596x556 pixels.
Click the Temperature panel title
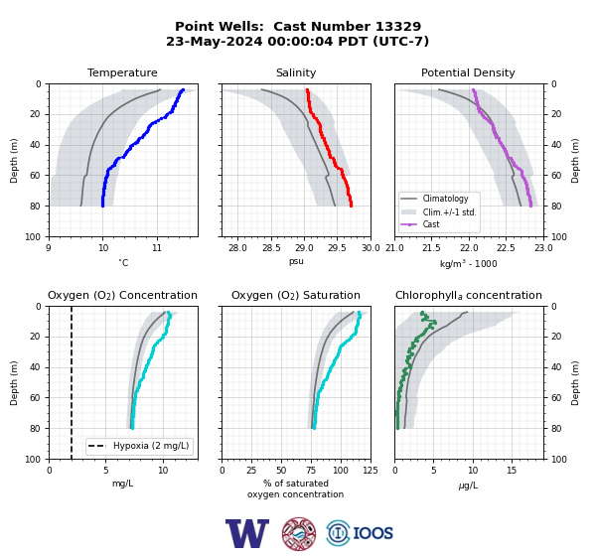tap(122, 72)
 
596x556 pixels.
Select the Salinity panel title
tap(296, 72)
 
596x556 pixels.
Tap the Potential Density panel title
tap(468, 72)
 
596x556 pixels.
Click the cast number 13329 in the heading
tap(398, 26)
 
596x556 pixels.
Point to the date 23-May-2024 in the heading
tap(214, 41)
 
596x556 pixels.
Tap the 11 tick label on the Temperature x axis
tap(157, 248)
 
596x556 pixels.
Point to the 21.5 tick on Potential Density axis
tap(431, 248)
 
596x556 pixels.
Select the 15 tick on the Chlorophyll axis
tap(512, 471)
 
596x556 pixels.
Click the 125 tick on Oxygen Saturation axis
tap(371, 471)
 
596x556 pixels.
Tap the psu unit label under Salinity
tap(296, 261)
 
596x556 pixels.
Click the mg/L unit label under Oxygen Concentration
tap(122, 484)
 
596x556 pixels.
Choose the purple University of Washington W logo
tap(247, 533)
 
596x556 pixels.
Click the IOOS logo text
tap(372, 533)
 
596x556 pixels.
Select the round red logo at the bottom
tap(299, 533)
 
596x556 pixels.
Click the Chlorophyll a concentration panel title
tap(468, 295)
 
